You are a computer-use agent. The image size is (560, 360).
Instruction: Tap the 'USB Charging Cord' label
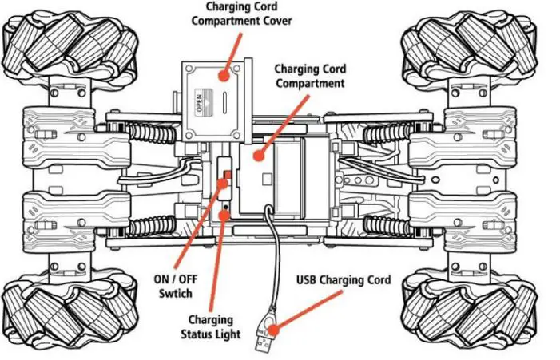click(344, 280)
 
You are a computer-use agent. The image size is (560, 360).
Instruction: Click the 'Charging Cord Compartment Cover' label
click(241, 14)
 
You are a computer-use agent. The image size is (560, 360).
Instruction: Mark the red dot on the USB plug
click(273, 326)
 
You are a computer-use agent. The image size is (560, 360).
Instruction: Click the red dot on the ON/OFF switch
click(224, 182)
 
